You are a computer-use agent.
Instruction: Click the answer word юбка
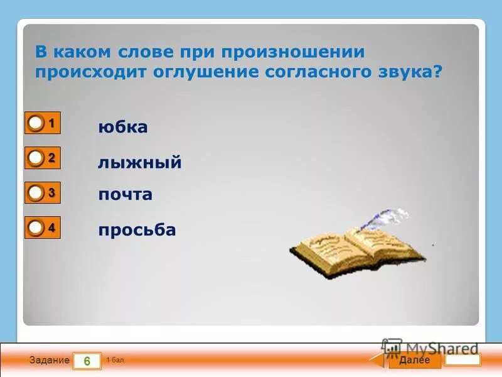click(x=123, y=128)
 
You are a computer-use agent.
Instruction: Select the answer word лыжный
click(x=139, y=163)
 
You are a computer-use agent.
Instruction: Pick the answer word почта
click(x=125, y=195)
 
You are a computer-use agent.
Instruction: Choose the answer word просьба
click(x=137, y=231)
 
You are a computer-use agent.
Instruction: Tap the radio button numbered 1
click(x=36, y=124)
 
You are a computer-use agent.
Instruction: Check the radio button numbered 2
click(x=36, y=158)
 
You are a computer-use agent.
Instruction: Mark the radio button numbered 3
click(x=36, y=192)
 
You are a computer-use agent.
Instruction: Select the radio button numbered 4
click(x=36, y=227)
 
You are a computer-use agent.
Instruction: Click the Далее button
click(x=414, y=360)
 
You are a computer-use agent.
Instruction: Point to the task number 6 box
click(x=87, y=361)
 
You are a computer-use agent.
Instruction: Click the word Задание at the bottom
click(x=49, y=361)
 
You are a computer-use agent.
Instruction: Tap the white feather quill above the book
click(x=383, y=220)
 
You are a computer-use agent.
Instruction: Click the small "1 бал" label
click(x=115, y=360)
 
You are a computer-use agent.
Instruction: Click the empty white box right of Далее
click(x=463, y=360)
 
